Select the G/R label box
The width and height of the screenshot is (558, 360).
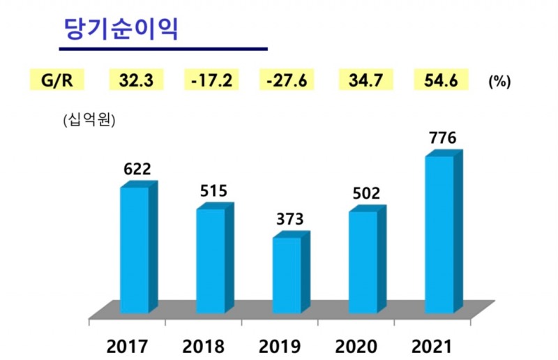coord(57,80)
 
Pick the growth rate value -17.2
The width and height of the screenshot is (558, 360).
coord(211,80)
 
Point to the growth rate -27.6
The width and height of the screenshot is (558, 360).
coord(287,80)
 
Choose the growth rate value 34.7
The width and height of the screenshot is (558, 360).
coord(364,80)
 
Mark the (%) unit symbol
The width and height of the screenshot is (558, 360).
coord(499,81)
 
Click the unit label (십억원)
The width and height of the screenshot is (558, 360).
coord(89,119)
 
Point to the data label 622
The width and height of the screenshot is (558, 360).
coord(136,169)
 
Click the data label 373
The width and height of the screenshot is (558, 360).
coord(289,220)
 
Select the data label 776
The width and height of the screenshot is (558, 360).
coord(442,137)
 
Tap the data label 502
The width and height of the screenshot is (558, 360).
coord(365,193)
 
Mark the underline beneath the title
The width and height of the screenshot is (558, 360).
coord(163,49)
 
